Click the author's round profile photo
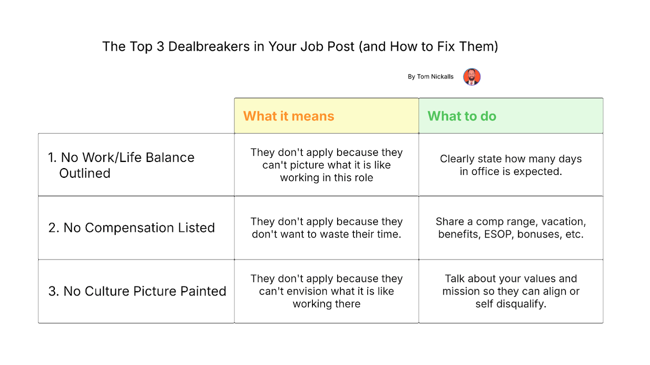click(471, 77)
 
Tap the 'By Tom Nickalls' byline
click(430, 76)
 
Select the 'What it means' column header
click(288, 116)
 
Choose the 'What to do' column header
click(462, 116)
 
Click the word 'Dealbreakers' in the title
click(209, 46)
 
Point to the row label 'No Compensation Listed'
click(131, 227)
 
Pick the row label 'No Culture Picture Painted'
click(137, 291)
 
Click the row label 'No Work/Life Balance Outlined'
click(121, 165)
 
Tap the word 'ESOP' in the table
click(497, 234)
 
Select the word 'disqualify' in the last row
click(521, 304)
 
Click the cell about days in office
click(511, 165)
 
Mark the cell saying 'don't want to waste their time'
click(327, 228)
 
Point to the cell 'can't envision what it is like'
click(327, 291)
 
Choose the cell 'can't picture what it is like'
click(327, 165)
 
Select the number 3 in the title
click(161, 46)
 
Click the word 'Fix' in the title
click(447, 46)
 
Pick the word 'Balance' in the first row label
click(170, 157)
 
